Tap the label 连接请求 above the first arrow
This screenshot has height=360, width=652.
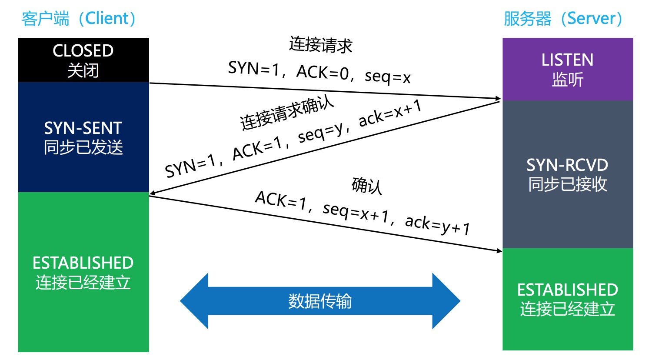(321, 45)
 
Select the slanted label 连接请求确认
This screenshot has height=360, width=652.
(287, 112)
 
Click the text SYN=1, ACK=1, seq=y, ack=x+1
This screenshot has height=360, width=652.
(293, 138)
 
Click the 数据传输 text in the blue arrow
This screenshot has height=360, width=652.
(320, 301)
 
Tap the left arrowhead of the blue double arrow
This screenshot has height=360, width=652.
(193, 301)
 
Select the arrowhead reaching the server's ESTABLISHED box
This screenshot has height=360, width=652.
(498, 250)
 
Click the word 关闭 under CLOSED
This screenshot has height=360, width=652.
(83, 70)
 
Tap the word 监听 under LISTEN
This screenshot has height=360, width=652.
(568, 80)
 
